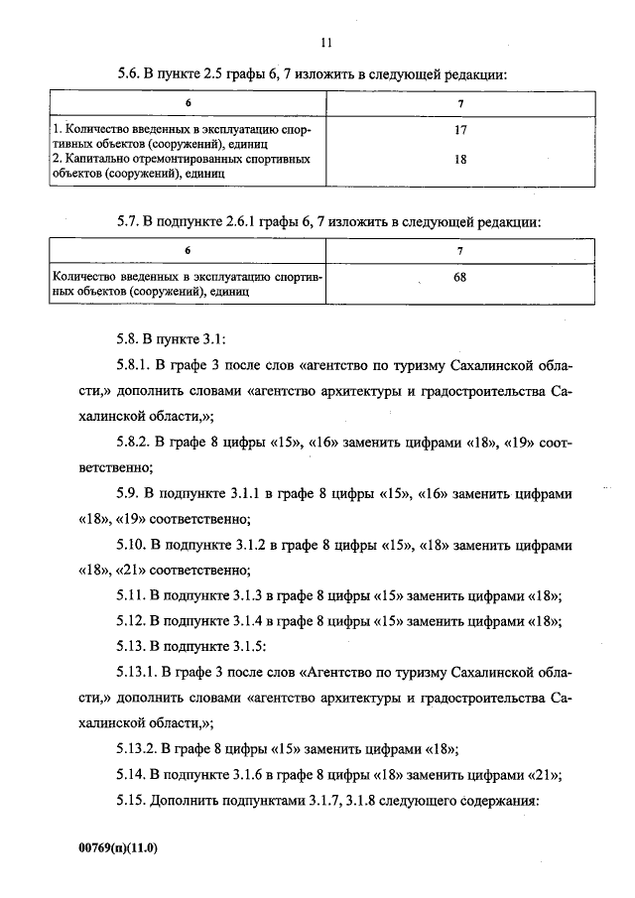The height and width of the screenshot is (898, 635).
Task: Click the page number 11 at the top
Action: click(327, 42)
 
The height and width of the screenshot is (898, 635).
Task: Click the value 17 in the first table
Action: click(459, 130)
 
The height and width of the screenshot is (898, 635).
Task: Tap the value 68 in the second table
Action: click(459, 278)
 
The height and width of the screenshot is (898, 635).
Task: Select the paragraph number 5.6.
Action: click(129, 74)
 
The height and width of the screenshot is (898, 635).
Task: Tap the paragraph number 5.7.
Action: click(129, 222)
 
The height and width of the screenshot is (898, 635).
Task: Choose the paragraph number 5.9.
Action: click(129, 493)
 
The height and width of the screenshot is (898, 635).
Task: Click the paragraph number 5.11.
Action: click(132, 596)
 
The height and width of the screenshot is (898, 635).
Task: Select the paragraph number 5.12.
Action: click(132, 622)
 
